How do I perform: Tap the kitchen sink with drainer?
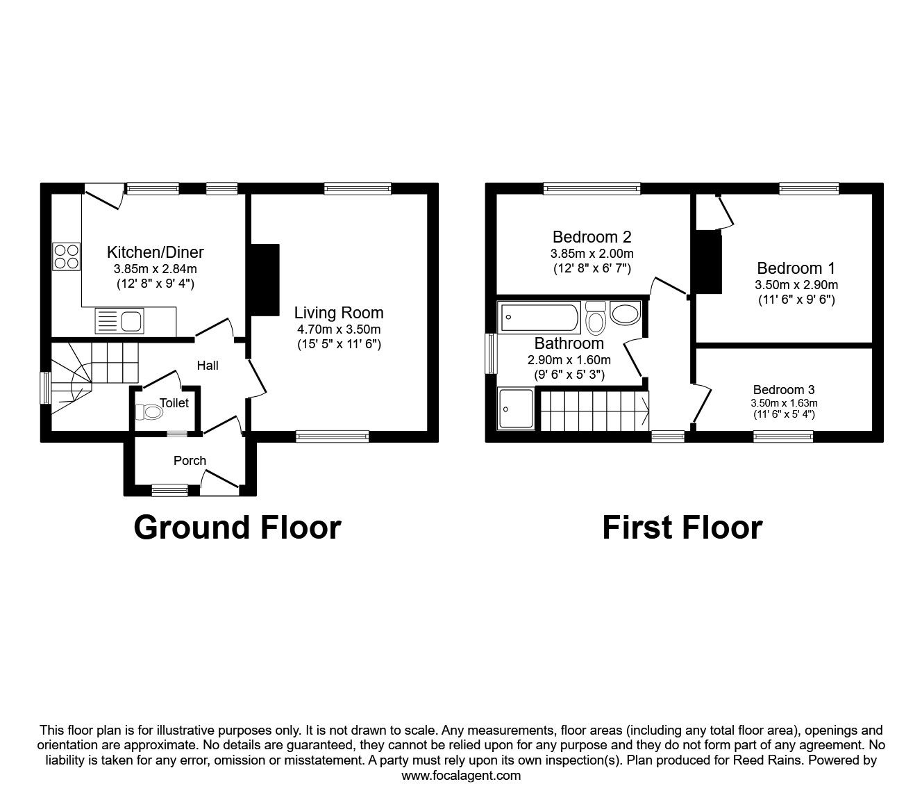[119, 321]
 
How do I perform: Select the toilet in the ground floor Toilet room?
[150, 412]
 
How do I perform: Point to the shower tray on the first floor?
[516, 407]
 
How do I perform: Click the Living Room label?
[338, 313]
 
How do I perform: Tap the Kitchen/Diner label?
[155, 252]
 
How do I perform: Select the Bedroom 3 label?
[784, 390]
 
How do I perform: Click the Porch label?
[190, 460]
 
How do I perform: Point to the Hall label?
[208, 365]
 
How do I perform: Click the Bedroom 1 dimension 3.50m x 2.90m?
[796, 285]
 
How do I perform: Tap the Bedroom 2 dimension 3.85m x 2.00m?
[592, 254]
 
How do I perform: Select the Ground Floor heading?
[237, 528]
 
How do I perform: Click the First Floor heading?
[682, 528]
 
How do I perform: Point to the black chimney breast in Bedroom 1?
[707, 263]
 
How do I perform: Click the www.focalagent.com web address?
[461, 776]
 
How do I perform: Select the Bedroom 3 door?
[702, 404]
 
